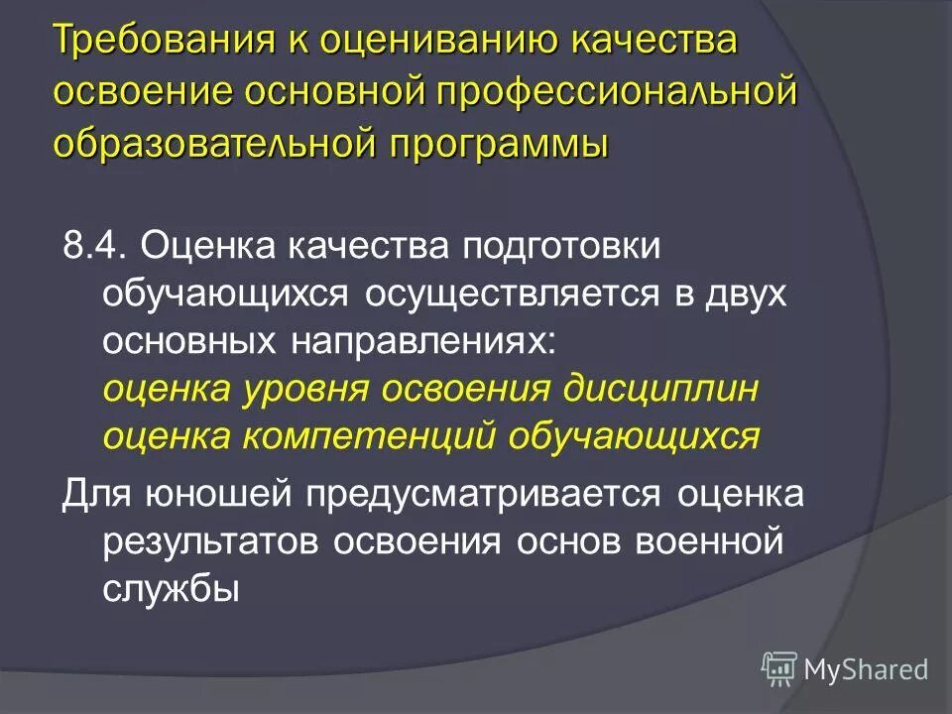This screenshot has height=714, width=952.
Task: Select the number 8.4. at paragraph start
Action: coord(93,245)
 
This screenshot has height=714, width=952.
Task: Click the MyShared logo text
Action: coord(866,669)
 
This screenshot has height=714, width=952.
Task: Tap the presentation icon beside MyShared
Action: coord(779,668)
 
